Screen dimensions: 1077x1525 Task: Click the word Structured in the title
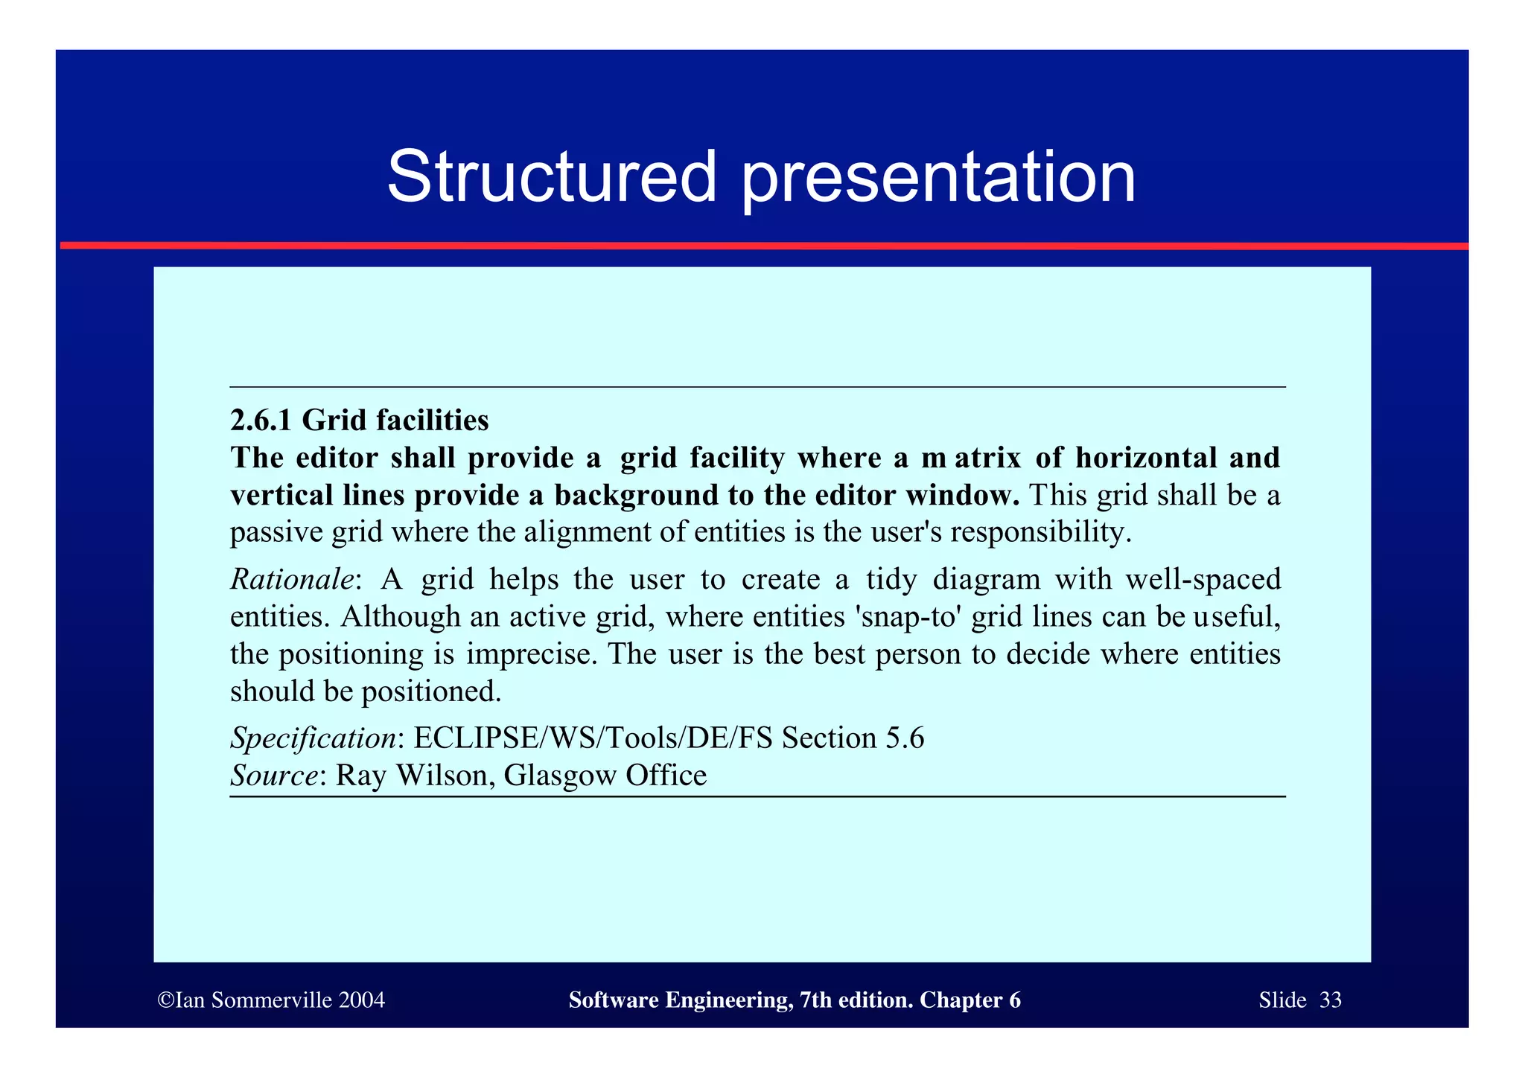tap(551, 177)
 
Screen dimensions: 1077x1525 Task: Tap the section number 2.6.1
tap(261, 421)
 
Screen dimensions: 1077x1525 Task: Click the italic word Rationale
tap(292, 579)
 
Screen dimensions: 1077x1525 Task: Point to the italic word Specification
tap(313, 738)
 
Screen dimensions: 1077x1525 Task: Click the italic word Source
tap(274, 776)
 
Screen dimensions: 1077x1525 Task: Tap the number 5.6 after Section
tap(905, 738)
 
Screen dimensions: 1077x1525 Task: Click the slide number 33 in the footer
tap(1330, 1000)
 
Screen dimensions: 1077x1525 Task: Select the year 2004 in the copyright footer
tap(361, 1000)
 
